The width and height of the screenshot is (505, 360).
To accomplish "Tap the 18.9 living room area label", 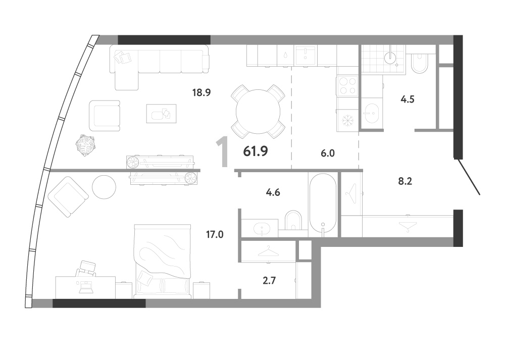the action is tap(201, 93).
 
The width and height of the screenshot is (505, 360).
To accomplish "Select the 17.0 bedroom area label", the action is tap(215, 234).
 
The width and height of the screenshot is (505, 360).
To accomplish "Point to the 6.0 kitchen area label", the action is tap(328, 153).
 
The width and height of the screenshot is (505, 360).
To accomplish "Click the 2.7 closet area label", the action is tap(269, 281).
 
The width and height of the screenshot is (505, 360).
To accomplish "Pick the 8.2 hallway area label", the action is tap(405, 181).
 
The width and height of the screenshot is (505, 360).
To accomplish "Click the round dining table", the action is tap(258, 112).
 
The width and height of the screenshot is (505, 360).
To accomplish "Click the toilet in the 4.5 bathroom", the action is tap(419, 64).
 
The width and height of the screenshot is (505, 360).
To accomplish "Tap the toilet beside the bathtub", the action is tap(293, 220).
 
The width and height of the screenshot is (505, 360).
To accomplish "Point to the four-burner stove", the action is tap(347, 86).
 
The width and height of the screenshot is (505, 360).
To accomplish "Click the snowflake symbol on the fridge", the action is tap(348, 121).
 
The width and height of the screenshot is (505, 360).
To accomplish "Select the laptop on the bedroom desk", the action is tap(86, 288).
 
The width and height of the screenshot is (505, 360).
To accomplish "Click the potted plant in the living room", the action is tap(85, 145).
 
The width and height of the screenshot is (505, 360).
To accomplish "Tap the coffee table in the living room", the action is tap(162, 113).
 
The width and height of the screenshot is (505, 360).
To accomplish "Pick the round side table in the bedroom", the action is tap(104, 187).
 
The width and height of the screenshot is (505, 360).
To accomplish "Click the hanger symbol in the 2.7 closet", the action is tap(268, 251).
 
